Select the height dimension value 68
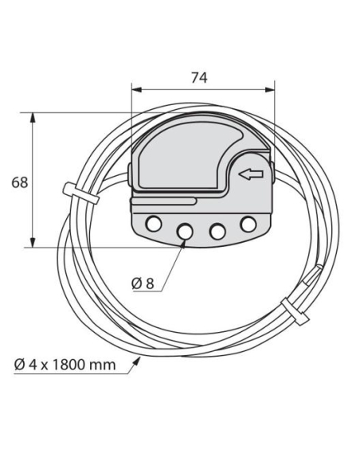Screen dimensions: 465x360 click(x=19, y=182)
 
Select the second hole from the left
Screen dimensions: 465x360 click(x=186, y=230)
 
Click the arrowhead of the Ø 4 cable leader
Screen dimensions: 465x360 click(x=140, y=360)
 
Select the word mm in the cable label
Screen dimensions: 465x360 click(x=102, y=365)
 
